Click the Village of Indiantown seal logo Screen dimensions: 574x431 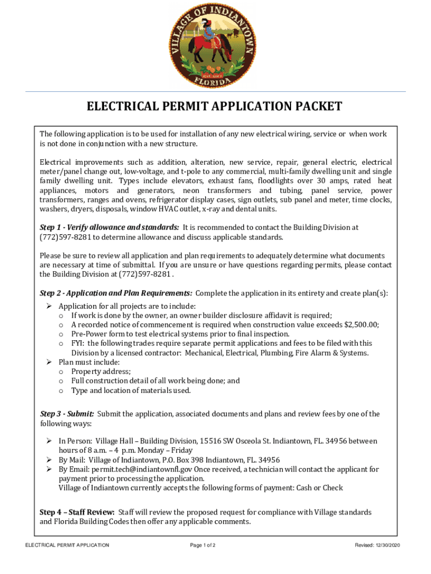pyautogui.click(x=214, y=45)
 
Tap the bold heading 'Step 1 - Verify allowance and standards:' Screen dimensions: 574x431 pyautogui.click(x=110, y=228)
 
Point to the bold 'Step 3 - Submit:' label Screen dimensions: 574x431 pyautogui.click(x=67, y=414)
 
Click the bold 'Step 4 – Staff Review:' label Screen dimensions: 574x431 pyautogui.click(x=77, y=512)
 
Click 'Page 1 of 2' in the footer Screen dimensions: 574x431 pyautogui.click(x=203, y=545)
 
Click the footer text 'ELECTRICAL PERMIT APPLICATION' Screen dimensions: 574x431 pyautogui.click(x=63, y=545)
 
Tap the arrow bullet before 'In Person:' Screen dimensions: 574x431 pyautogui.click(x=49, y=441)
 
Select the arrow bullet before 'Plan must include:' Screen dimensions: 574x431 pyautogui.click(x=49, y=363)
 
